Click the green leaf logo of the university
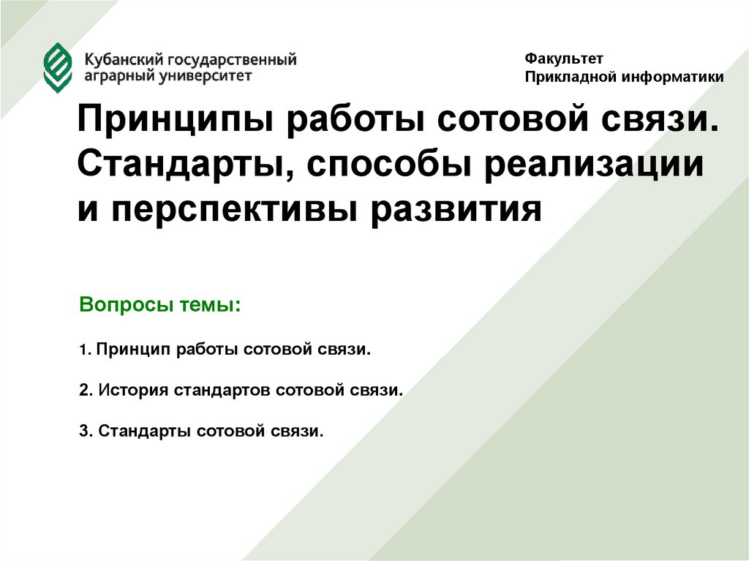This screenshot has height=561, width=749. [x=58, y=67]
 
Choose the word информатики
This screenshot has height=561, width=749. [x=672, y=76]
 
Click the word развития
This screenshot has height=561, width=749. [x=459, y=210]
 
